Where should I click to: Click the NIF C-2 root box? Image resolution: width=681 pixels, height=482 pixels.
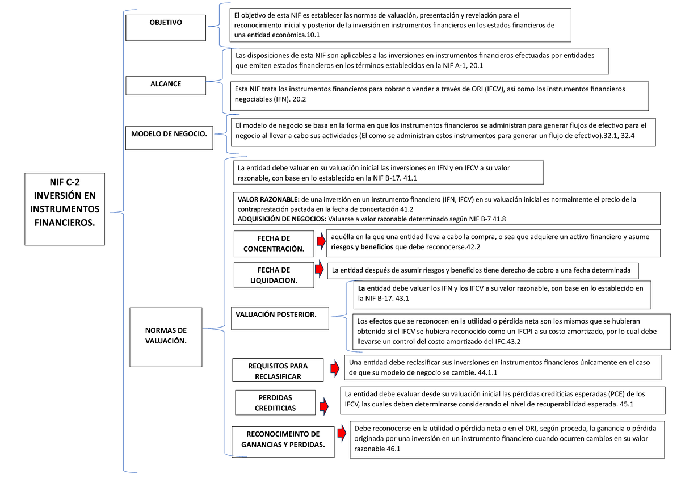pos(65,208)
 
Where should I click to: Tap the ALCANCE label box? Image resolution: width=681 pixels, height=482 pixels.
pos(166,85)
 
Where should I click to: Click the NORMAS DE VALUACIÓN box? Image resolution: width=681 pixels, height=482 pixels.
pos(166,336)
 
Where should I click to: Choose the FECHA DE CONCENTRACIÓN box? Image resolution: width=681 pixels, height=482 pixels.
pos(274,244)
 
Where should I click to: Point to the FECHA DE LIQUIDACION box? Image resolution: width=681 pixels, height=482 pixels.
pos(274,275)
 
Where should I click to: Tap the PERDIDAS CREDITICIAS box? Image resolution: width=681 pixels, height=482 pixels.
pos(275,403)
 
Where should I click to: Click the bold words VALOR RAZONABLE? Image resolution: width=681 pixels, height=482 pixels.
pos(268,199)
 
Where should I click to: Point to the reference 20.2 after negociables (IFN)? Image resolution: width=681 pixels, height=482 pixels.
pos(298,99)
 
